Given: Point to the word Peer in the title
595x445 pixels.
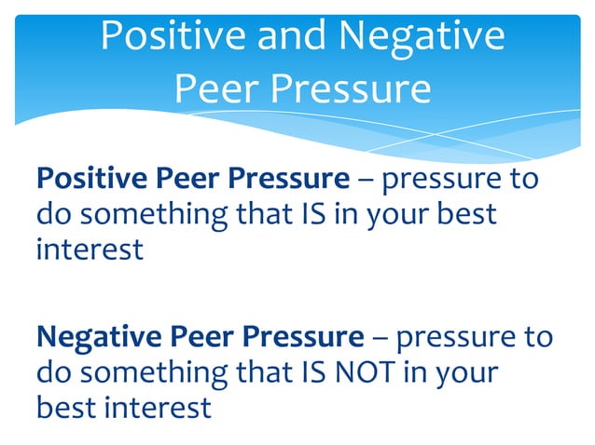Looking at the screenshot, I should [x=214, y=88].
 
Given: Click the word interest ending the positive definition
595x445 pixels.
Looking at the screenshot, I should [x=90, y=249].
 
